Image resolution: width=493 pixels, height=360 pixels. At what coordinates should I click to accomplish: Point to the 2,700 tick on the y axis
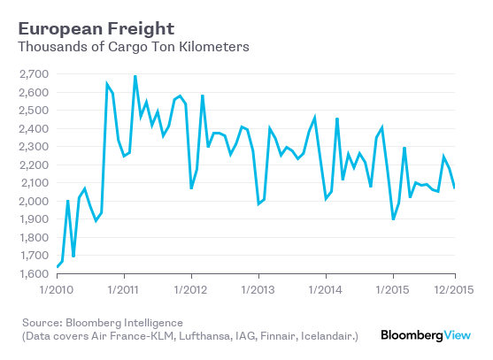point(33,73)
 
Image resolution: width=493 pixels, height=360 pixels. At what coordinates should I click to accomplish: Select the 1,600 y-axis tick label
point(33,274)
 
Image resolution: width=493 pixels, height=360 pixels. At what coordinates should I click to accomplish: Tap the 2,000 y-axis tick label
point(33,201)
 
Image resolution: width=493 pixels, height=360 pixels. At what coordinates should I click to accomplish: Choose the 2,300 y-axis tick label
point(33,147)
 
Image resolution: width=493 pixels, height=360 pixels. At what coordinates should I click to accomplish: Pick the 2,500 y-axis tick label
point(33,110)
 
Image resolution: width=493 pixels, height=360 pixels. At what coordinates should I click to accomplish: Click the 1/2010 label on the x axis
point(57,289)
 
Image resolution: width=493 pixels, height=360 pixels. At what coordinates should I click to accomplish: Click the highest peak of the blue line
point(135,76)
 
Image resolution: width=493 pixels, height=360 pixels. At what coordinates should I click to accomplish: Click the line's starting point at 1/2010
point(57,267)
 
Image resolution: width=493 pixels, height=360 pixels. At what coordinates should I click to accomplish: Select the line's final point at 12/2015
point(455,188)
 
